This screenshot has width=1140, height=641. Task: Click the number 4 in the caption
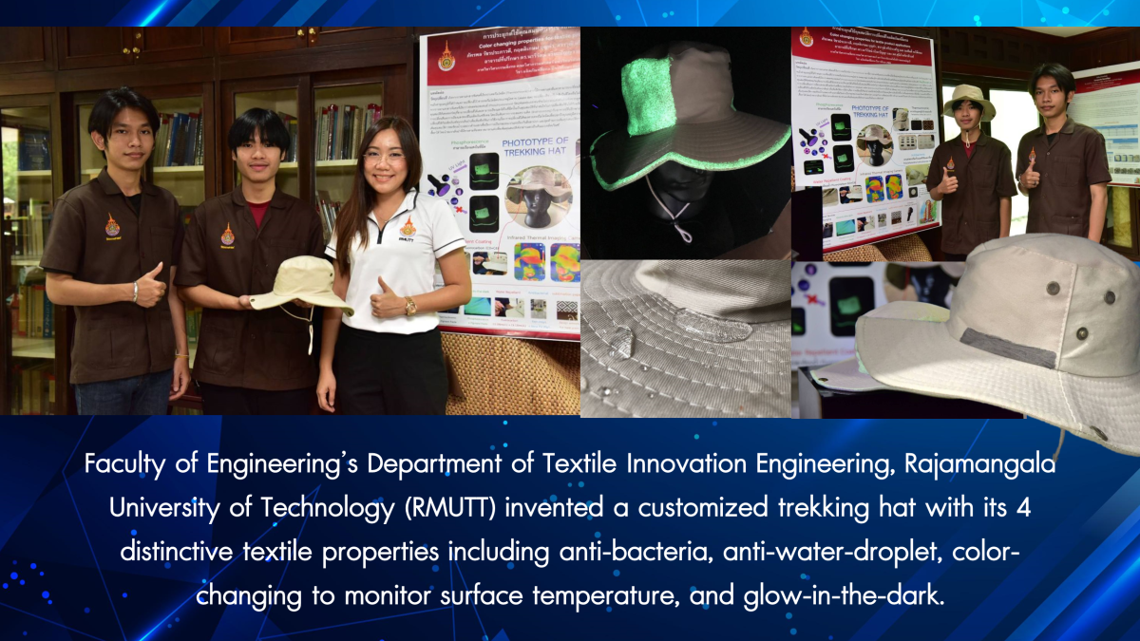coord(1023,507)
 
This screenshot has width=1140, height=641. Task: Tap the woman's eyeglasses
coord(384,157)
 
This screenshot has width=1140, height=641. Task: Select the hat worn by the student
coord(968,103)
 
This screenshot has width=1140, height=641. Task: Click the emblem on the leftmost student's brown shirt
coord(112,226)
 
